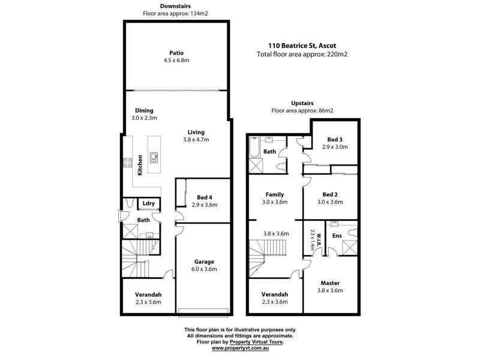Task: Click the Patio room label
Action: [176, 52]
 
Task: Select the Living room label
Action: [196, 132]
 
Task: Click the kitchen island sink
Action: [154, 158]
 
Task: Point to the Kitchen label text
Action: [139, 164]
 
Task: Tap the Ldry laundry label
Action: [149, 203]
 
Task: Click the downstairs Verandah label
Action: [147, 295]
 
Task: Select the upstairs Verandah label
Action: [275, 295]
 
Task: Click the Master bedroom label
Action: [331, 283]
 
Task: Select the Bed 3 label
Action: [335, 139]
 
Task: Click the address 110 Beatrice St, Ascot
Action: [302, 44]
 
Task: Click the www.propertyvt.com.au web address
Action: [240, 348]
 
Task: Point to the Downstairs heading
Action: [176, 6]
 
